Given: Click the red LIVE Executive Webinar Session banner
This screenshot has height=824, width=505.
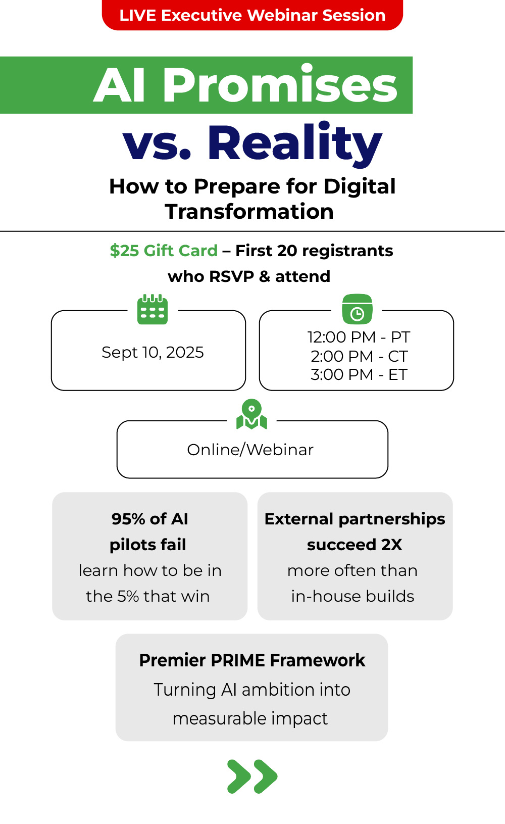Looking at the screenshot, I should click(x=252, y=15).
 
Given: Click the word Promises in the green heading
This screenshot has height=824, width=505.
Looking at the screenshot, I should click(x=280, y=85).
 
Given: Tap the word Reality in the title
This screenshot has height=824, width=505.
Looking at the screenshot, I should click(x=294, y=143).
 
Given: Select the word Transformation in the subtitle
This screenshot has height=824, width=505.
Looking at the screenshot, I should click(x=249, y=212).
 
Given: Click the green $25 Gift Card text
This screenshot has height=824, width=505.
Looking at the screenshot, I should click(x=164, y=251).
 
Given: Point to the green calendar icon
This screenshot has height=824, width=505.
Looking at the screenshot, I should click(x=153, y=310).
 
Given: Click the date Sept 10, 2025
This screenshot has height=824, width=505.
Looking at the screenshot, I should click(x=153, y=352).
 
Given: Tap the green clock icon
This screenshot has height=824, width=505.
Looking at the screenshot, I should click(x=357, y=309).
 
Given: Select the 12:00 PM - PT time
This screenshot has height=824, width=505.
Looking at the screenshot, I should click(x=359, y=337).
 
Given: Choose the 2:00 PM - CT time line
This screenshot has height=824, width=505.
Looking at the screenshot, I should click(x=359, y=356).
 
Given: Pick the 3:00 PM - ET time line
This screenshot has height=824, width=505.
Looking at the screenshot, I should click(x=359, y=375).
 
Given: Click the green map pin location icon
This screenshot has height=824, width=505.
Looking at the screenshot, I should click(x=251, y=415).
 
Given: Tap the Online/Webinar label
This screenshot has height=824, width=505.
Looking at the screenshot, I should click(x=250, y=450).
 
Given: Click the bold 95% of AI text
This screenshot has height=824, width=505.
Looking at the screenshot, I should click(x=149, y=519).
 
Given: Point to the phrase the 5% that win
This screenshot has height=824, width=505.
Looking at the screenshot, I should click(x=147, y=596).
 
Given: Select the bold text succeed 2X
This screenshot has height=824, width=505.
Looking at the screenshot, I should click(x=355, y=545).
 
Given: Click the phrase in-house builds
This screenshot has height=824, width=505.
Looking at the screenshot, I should click(x=352, y=596).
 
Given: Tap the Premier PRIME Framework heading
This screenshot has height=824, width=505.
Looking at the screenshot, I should click(x=252, y=660).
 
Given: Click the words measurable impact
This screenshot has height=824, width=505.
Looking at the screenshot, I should click(x=250, y=718).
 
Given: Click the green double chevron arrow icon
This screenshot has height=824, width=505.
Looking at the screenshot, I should click(x=252, y=776).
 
